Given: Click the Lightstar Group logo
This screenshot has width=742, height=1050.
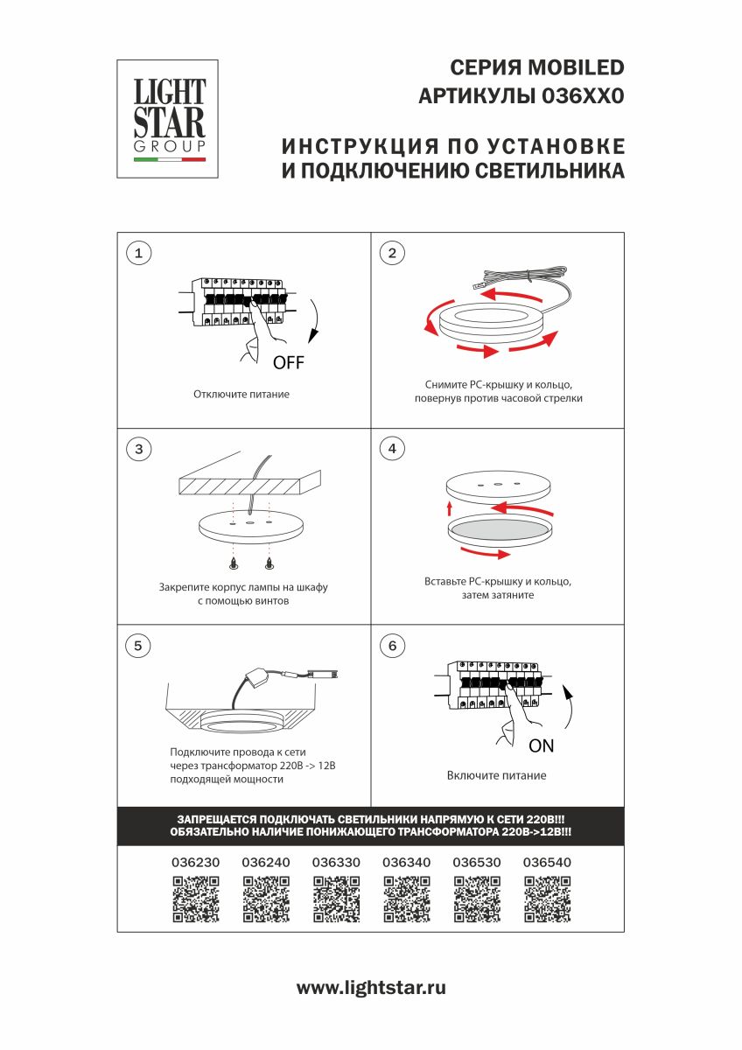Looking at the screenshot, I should (168, 119).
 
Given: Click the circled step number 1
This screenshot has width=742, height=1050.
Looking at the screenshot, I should (138, 254).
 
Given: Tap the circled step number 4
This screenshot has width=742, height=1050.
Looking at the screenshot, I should (392, 449).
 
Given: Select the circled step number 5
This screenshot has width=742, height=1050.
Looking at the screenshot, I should (138, 646).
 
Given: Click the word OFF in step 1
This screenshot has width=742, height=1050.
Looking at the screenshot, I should (289, 363).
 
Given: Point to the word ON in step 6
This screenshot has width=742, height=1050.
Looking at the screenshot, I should (541, 746).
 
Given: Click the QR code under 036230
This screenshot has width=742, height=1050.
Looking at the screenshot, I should (195, 899).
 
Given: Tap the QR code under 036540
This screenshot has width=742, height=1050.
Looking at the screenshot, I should (547, 899).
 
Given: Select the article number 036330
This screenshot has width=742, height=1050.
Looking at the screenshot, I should (336, 863).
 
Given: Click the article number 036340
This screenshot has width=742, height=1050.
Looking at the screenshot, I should (407, 863).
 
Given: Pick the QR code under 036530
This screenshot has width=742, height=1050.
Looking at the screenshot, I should (477, 899).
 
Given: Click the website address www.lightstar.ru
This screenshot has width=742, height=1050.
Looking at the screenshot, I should (371, 988).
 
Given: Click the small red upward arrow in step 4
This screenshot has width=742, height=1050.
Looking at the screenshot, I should (450, 508).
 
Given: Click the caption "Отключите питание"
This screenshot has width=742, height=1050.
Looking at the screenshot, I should (241, 395).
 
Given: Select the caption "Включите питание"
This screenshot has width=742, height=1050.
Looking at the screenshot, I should (496, 775).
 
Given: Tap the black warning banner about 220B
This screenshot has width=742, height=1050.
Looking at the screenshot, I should (371, 826).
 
